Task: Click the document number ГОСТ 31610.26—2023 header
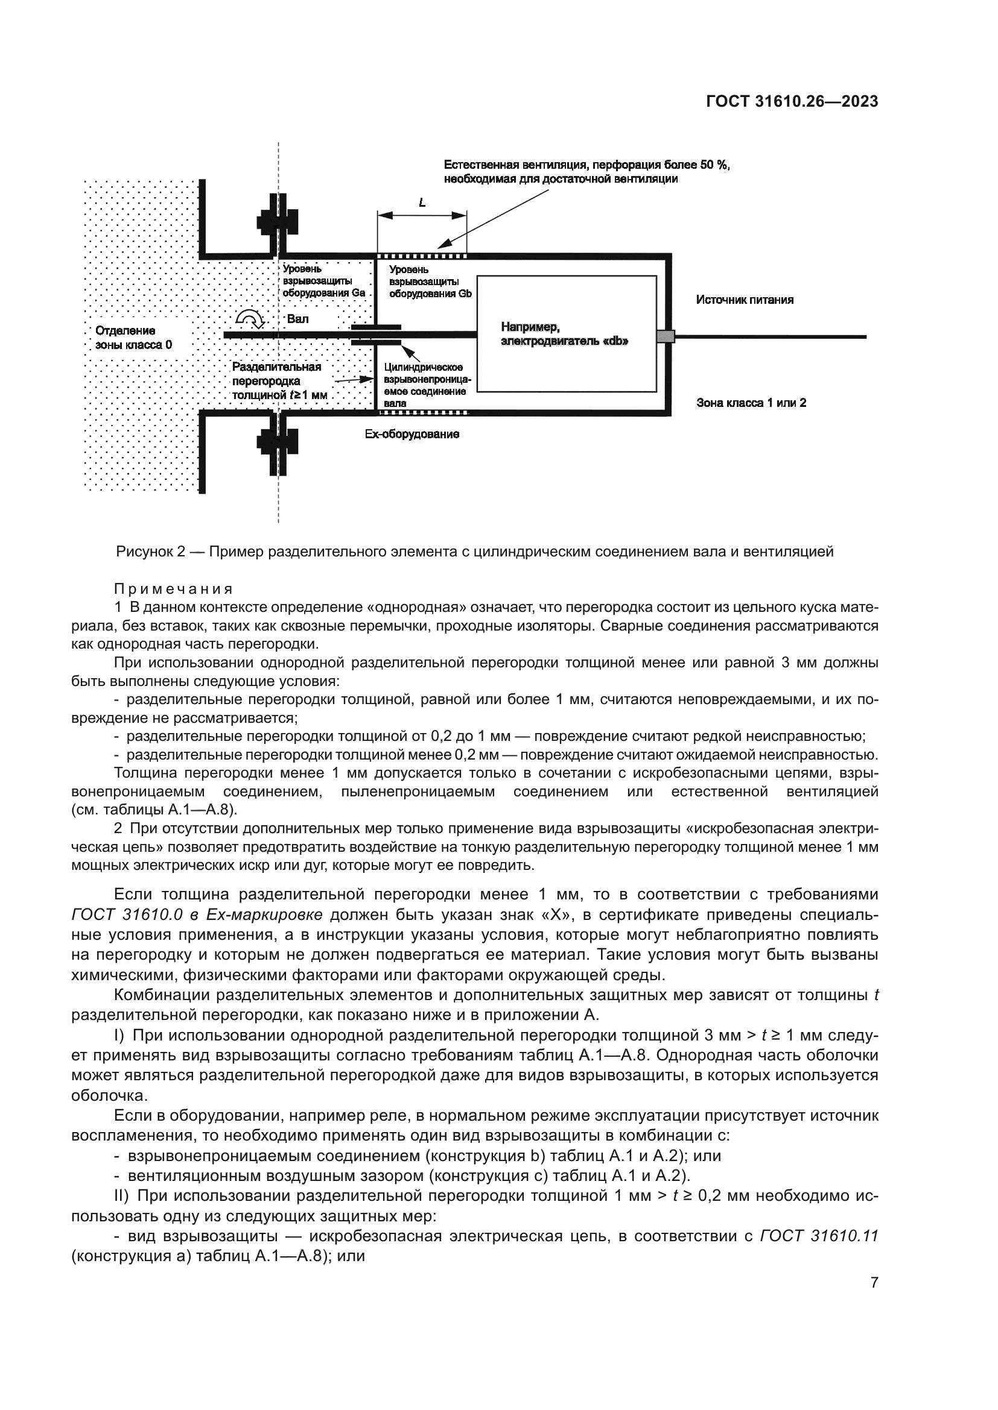point(792,102)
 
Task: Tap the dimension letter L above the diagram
point(422,202)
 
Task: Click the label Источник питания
point(744,300)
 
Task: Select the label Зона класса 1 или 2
point(751,403)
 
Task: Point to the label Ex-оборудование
point(412,435)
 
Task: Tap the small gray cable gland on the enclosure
point(666,336)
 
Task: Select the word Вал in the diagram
point(298,319)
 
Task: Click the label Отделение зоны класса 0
point(134,338)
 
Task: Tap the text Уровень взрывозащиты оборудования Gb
point(430,282)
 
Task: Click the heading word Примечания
point(173,590)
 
